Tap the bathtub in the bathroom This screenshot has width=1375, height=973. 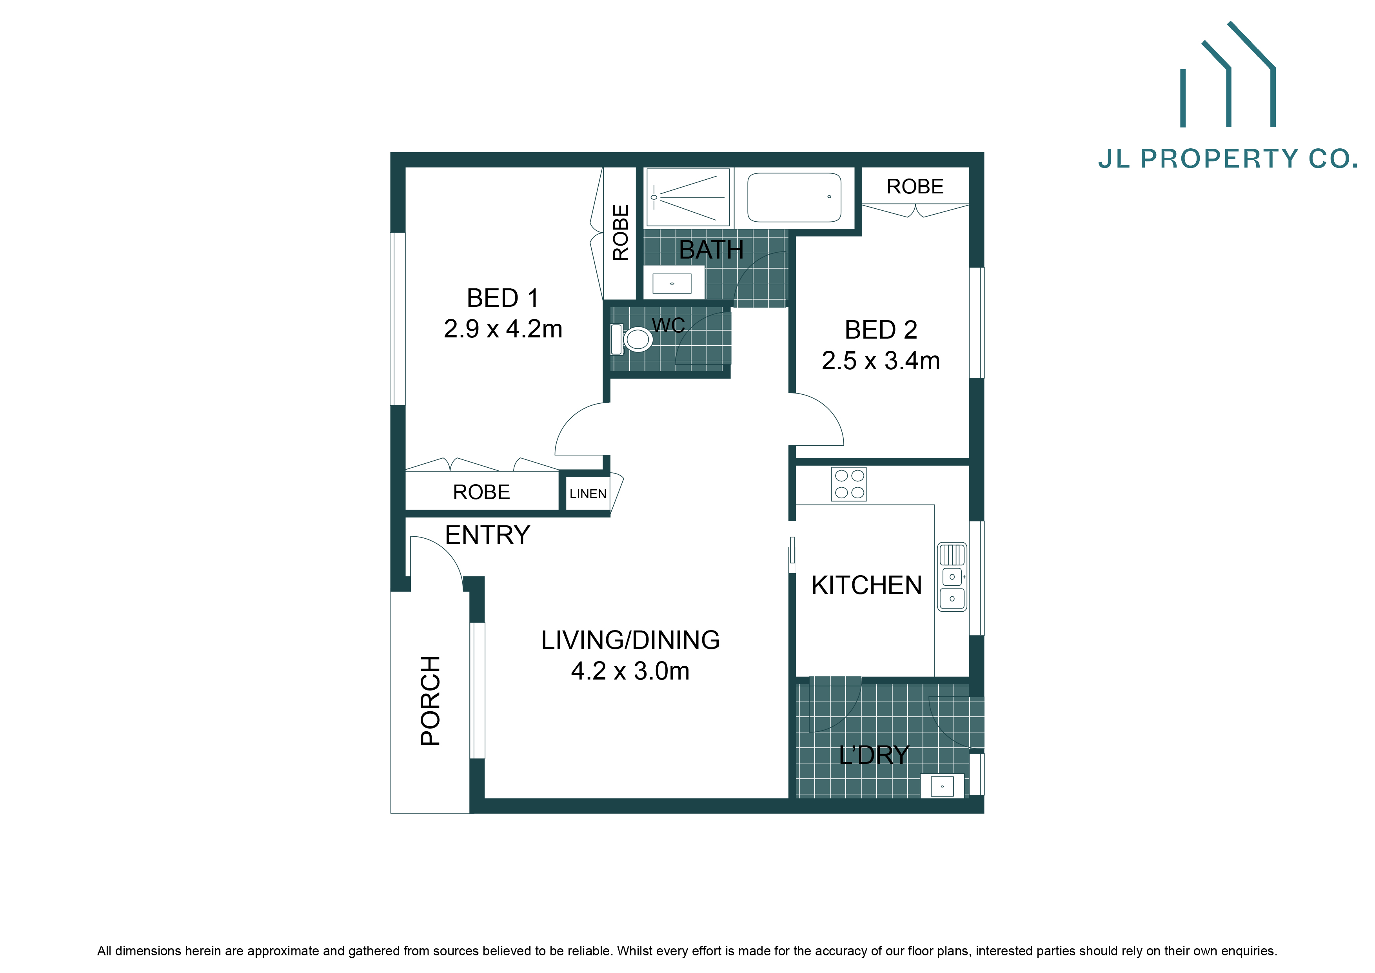point(794,198)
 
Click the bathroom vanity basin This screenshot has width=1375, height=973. point(672,283)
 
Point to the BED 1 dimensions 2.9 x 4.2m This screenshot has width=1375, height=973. point(503,329)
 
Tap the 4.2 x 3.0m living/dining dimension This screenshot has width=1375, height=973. point(630,671)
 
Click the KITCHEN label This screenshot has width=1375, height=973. point(866,585)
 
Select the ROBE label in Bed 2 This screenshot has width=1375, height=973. point(915,186)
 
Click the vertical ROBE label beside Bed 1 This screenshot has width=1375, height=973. point(620,233)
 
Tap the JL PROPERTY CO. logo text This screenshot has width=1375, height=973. point(1228,159)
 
